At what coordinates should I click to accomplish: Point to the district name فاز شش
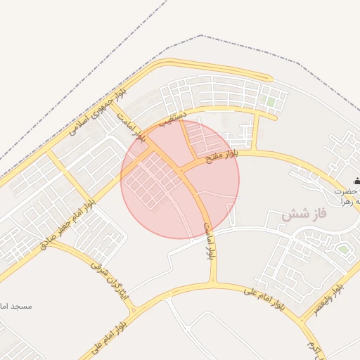pos(306,215)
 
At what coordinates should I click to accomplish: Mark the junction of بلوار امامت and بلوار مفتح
pos(181,169)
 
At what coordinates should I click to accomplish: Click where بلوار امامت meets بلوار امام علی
pos(214,284)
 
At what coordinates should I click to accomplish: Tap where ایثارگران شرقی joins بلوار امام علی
pos(134,308)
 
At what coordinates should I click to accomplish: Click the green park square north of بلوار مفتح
pos(270,103)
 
